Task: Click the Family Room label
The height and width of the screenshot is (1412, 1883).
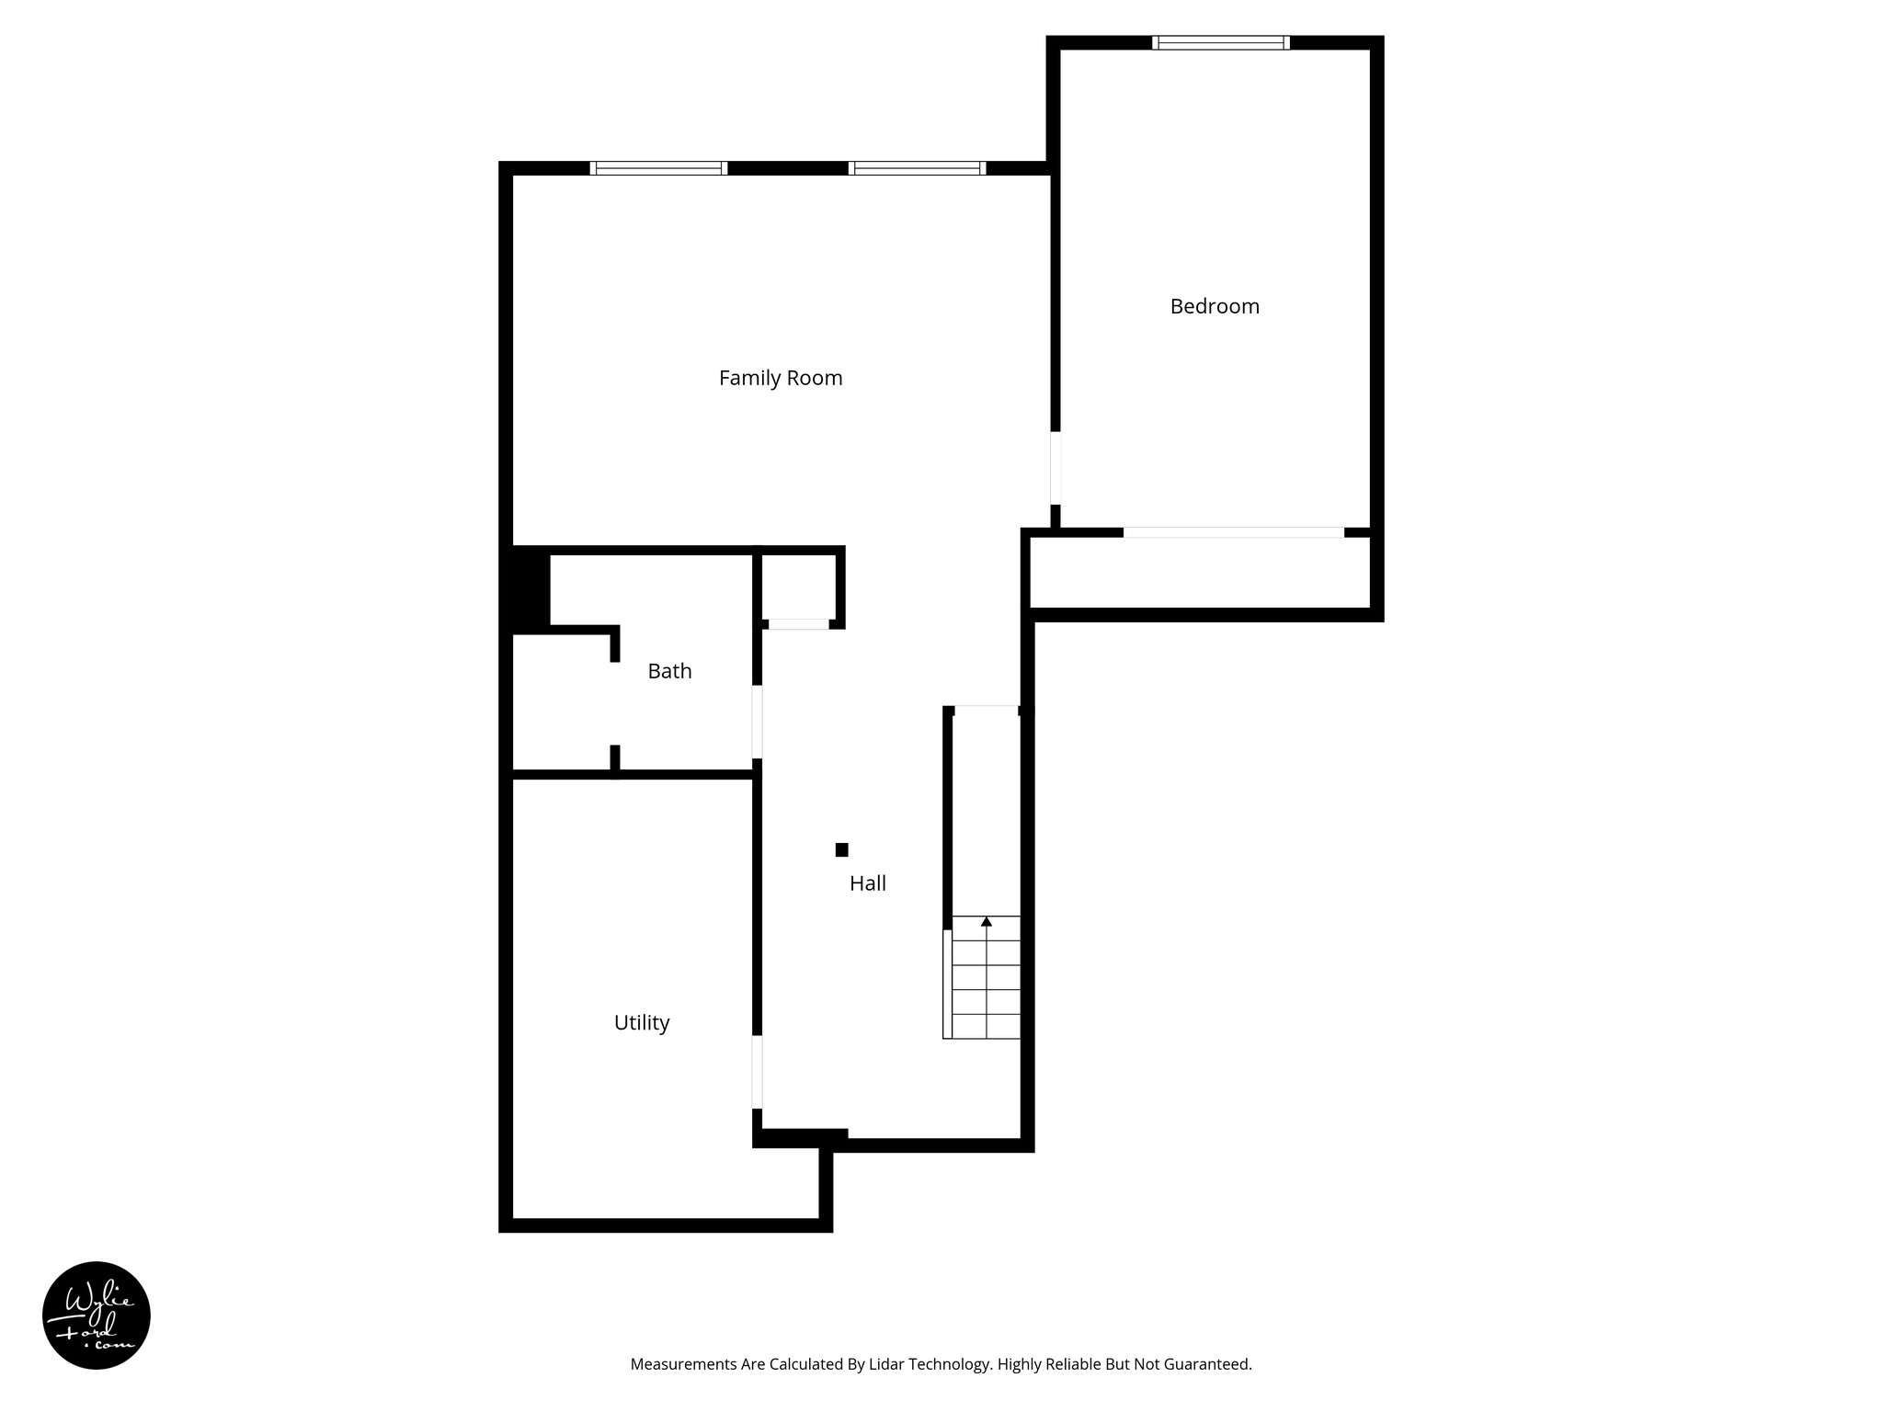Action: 781,378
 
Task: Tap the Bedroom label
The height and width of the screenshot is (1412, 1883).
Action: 1214,307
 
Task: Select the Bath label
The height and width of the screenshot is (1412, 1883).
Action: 669,671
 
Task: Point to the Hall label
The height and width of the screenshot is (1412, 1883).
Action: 867,883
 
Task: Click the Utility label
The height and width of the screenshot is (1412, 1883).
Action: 641,1022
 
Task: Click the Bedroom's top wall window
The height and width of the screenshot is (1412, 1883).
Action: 1221,42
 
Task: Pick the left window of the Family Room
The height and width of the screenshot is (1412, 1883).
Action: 658,168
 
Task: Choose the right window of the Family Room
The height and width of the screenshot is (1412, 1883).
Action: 917,168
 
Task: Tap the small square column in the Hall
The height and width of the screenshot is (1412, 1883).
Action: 841,849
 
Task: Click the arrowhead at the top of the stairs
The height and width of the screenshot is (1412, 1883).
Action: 987,920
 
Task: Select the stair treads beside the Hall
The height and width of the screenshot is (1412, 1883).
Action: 986,979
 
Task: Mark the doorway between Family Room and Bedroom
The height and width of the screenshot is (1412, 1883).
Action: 1056,467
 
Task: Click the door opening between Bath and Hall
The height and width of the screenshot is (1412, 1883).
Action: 758,722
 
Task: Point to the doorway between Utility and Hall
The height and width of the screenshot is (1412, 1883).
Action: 758,1072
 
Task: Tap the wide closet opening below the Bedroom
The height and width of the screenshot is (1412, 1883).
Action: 1233,532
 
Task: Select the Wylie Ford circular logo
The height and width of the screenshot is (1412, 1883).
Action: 97,1315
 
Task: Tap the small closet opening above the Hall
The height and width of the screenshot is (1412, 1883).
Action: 798,624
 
